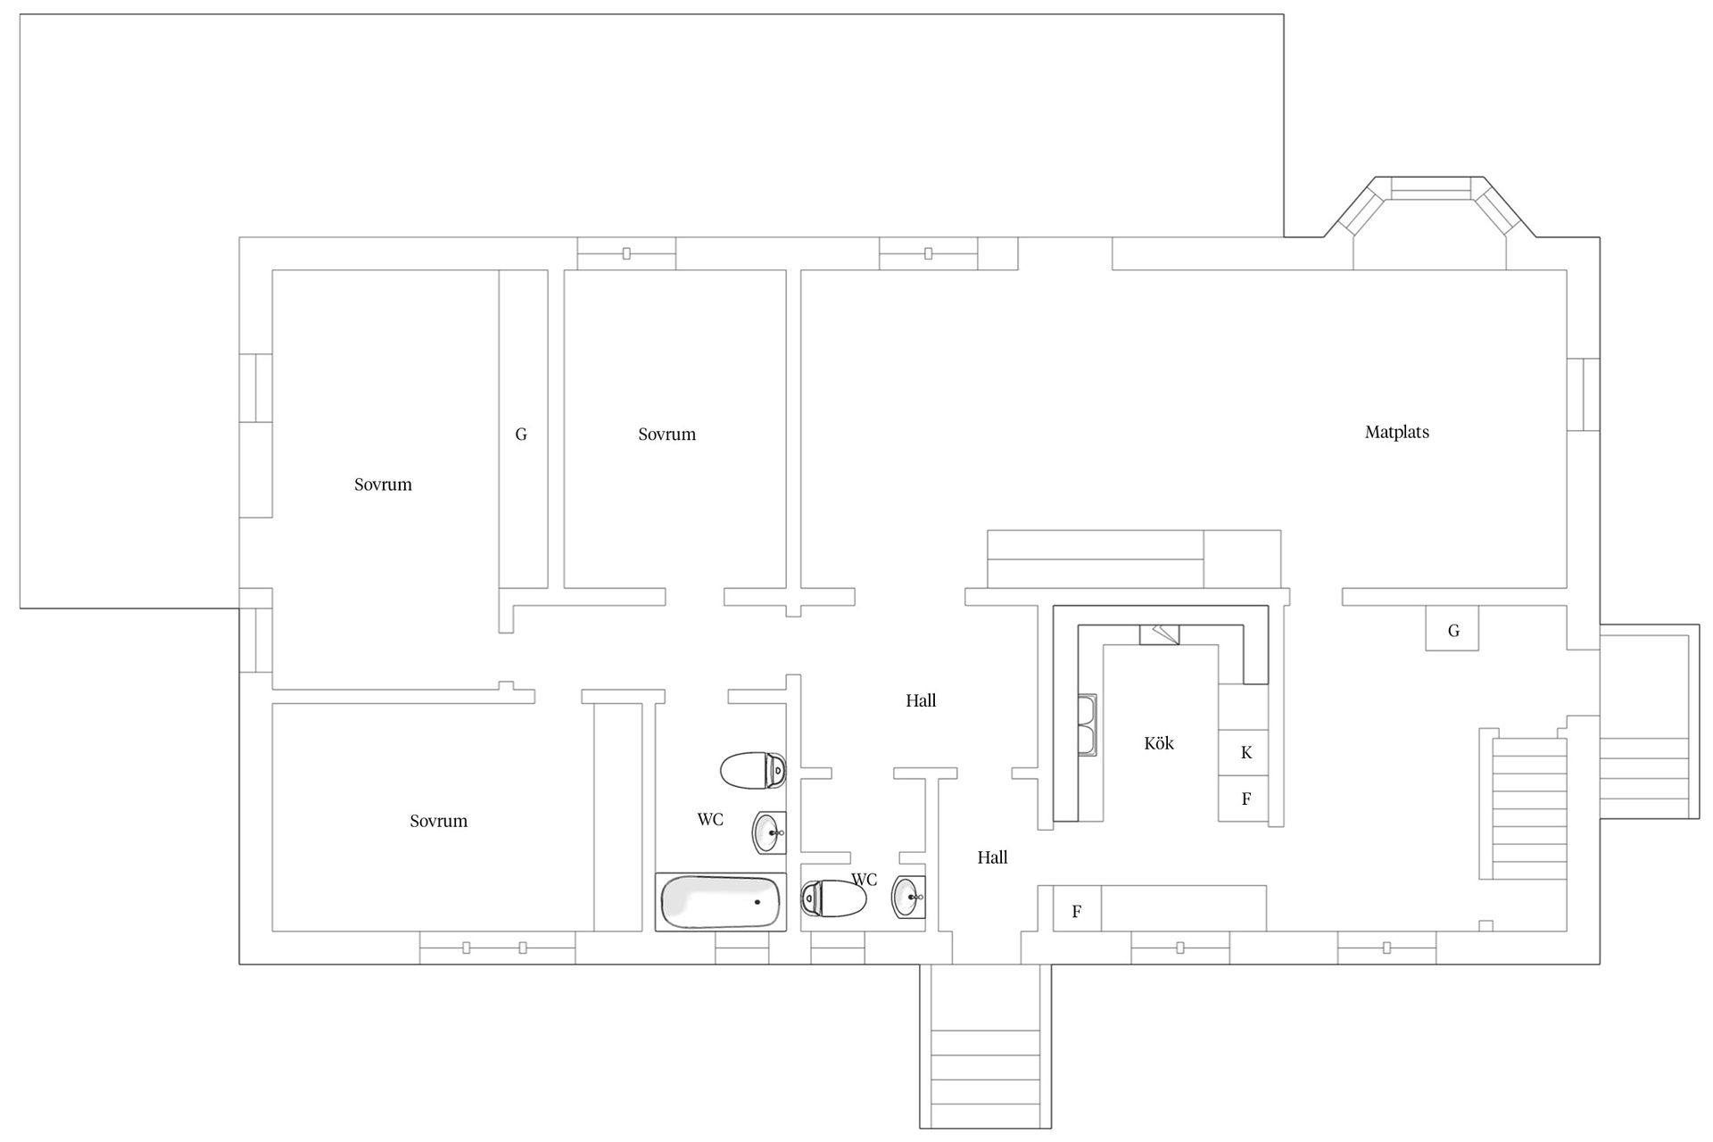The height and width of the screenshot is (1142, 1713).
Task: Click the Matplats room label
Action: tap(1396, 433)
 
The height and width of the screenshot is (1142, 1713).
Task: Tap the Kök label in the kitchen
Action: tap(1159, 743)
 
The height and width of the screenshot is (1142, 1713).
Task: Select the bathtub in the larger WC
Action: tap(721, 902)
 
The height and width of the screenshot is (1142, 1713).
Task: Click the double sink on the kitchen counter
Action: tap(1088, 725)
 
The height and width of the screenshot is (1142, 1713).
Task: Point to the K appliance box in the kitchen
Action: tap(1244, 752)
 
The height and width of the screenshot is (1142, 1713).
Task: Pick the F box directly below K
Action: tap(1244, 799)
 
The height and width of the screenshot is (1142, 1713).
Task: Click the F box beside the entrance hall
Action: tap(1077, 911)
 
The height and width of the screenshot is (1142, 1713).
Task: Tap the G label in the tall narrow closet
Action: tap(521, 434)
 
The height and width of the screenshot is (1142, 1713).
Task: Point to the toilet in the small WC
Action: tap(834, 898)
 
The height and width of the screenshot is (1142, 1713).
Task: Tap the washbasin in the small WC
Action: tap(908, 897)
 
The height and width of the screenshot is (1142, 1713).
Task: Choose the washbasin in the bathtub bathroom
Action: tap(769, 833)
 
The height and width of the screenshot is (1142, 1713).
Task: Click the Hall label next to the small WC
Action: tap(992, 857)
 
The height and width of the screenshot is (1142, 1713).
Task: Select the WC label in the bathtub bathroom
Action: tap(710, 819)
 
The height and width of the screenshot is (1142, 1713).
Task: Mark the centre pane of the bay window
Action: tap(1431, 189)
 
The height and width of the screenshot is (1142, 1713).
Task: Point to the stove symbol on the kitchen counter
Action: tap(1160, 634)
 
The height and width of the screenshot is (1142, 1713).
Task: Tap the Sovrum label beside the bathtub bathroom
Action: tap(438, 821)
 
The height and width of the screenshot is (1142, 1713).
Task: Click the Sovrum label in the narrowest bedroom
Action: tap(666, 434)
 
